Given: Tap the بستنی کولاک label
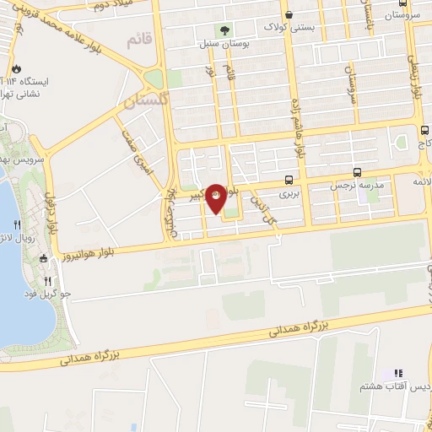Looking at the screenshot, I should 291,27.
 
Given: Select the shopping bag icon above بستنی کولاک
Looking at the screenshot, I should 289,14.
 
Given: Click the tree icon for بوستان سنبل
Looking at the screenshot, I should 223,30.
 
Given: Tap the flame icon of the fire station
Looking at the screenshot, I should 15,69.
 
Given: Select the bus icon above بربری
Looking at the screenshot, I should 289,180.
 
